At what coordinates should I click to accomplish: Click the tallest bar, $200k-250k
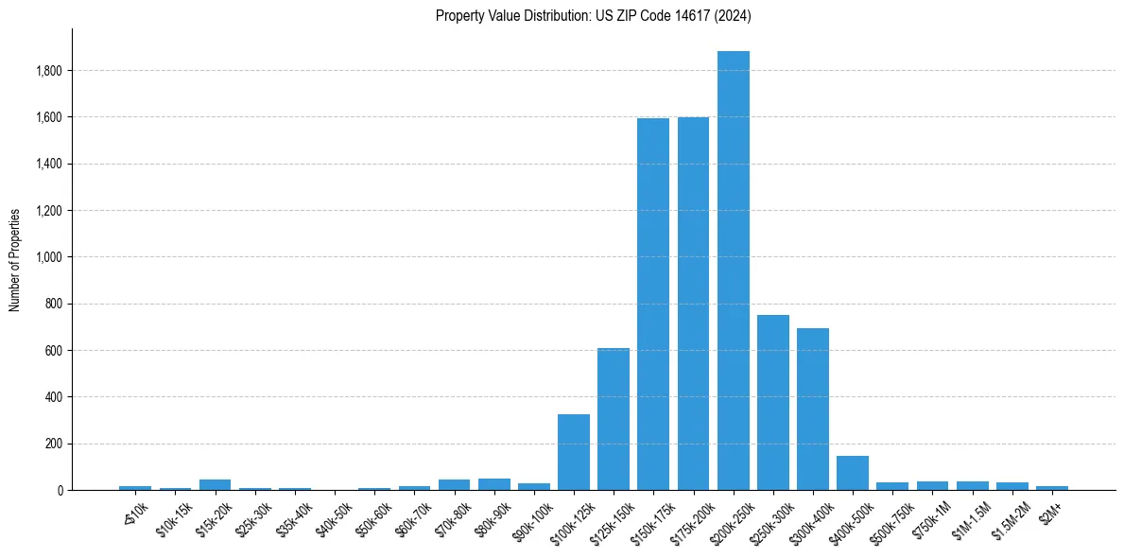point(733,274)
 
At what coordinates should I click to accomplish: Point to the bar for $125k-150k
point(614,421)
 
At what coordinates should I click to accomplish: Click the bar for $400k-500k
point(853,474)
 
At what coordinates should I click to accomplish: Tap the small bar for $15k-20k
point(215,485)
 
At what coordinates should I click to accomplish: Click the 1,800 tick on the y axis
point(48,71)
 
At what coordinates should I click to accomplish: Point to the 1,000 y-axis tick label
point(48,257)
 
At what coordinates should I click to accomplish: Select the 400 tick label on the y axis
point(54,397)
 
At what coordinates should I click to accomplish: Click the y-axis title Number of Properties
point(15,260)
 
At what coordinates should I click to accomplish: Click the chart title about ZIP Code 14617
point(593,15)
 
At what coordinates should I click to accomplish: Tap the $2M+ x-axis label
point(1051,511)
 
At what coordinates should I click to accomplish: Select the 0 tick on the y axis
point(59,491)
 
